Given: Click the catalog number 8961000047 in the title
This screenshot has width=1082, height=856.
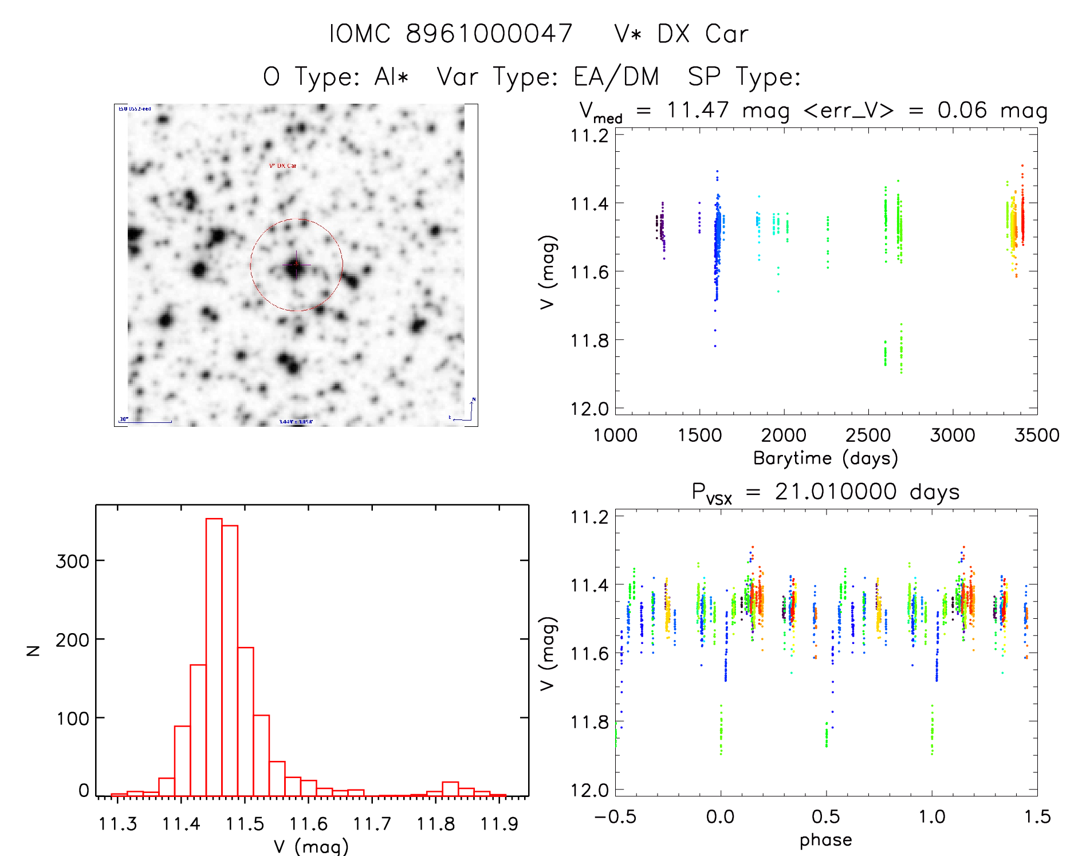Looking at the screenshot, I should (489, 34).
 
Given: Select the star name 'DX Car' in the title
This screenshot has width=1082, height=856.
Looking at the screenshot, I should (703, 34).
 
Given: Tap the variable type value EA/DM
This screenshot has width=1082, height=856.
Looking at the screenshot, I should (616, 76).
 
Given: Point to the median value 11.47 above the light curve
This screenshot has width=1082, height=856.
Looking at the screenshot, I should (698, 110).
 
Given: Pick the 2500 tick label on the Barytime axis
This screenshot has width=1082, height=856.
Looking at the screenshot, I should (868, 435).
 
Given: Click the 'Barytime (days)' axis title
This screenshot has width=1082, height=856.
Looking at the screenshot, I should (825, 458).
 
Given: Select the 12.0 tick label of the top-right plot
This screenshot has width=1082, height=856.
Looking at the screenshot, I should (589, 409).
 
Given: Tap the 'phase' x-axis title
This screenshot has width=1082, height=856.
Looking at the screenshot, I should (825, 840).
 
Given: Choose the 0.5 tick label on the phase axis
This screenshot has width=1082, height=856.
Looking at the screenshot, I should (825, 816).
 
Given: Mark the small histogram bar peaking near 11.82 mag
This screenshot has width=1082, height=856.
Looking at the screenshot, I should (450, 789).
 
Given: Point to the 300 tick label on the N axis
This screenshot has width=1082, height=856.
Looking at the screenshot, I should (73, 561).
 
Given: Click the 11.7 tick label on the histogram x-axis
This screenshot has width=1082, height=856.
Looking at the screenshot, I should (372, 824).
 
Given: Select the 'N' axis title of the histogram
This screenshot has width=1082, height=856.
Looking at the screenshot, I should (34, 650).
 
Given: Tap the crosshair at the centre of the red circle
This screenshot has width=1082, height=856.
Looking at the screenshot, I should (296, 265).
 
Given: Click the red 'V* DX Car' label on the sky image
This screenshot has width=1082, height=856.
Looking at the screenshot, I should (283, 166).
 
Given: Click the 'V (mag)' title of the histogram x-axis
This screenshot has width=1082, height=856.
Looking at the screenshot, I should (311, 846).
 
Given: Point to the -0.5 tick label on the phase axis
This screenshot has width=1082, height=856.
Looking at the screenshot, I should (615, 816).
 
